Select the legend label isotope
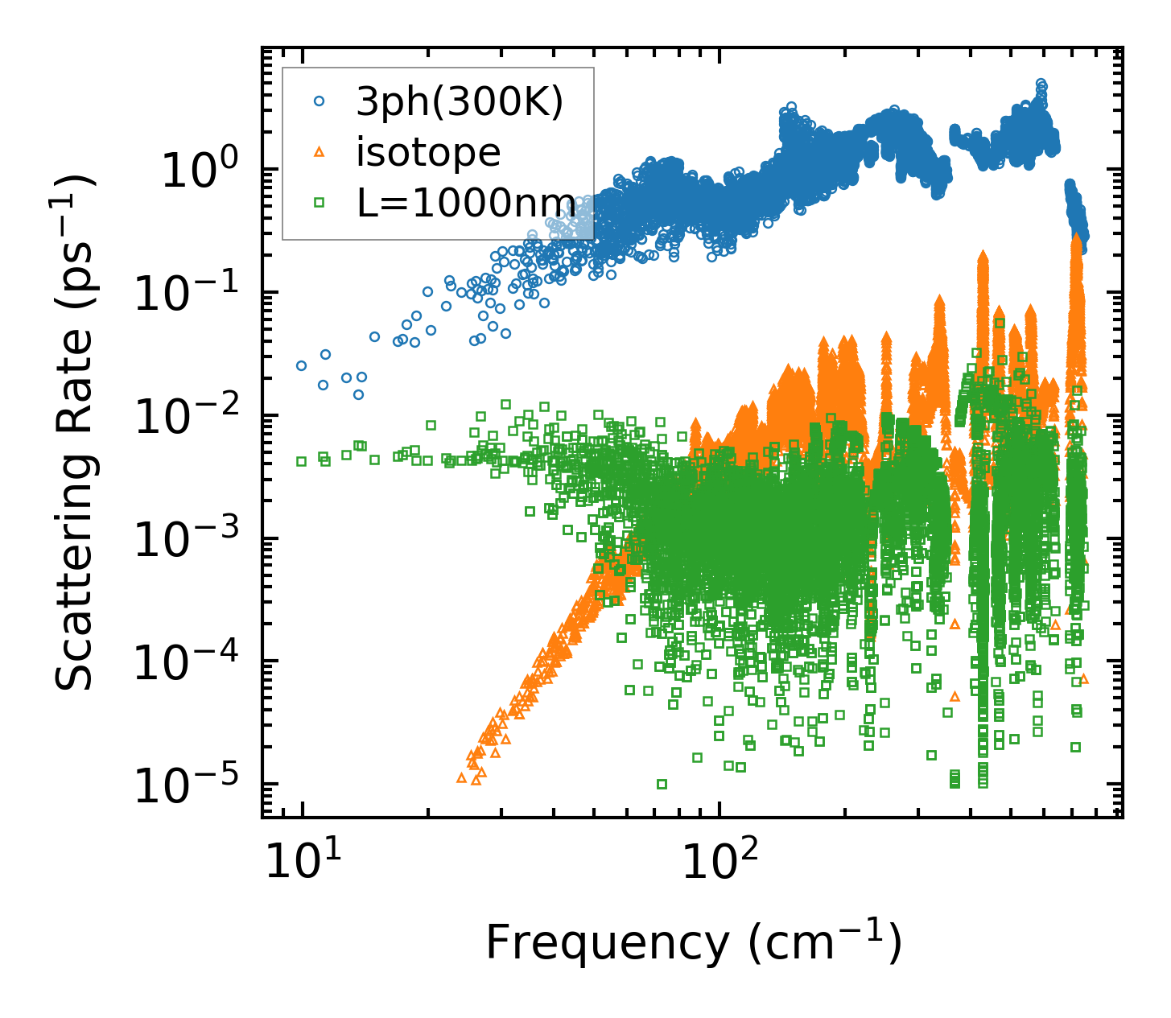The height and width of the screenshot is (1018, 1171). [428, 152]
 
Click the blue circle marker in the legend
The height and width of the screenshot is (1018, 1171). [320, 101]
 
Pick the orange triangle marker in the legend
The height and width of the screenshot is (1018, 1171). [320, 152]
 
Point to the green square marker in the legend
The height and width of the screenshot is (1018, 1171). [320, 203]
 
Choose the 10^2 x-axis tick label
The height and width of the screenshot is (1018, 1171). [718, 863]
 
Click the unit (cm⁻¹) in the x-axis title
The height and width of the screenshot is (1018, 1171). [824, 942]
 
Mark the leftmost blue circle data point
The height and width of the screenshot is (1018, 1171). [302, 365]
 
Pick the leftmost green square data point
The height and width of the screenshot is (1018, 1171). [302, 461]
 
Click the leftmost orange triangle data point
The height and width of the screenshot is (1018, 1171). [461, 778]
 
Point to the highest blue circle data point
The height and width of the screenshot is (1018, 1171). [1041, 84]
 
